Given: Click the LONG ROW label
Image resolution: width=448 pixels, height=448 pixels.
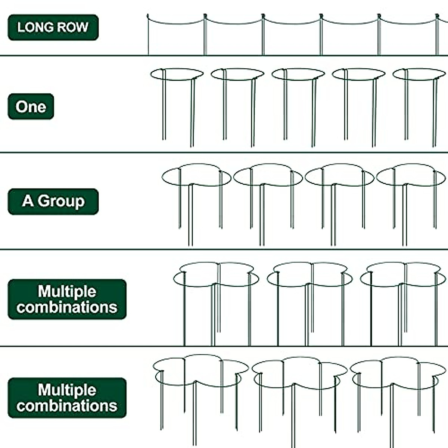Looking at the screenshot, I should pyautogui.click(x=53, y=27).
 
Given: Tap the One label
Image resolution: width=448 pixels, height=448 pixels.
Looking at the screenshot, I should pyautogui.click(x=31, y=107).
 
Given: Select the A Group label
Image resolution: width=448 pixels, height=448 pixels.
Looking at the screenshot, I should pyautogui.click(x=53, y=201).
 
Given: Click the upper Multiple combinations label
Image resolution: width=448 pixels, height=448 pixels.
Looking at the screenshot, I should pyautogui.click(x=67, y=299).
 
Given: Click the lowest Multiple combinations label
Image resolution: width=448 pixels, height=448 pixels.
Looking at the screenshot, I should pyautogui.click(x=67, y=398).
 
